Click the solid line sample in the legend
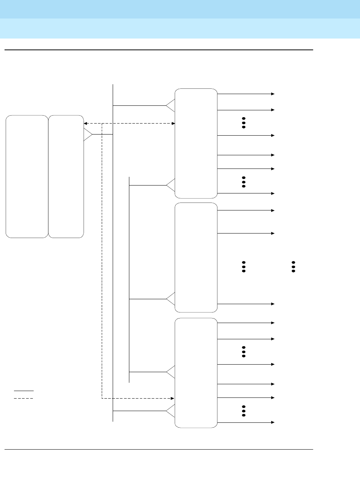click(x=23, y=390)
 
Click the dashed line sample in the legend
click(x=23, y=398)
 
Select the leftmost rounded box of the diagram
click(x=27, y=176)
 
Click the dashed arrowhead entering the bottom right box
click(x=172, y=398)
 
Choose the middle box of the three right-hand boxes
click(x=196, y=257)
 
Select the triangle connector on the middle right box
click(x=171, y=299)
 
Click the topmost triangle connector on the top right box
click(x=171, y=105)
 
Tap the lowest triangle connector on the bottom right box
click(x=171, y=410)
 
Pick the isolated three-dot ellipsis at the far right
click(x=293, y=266)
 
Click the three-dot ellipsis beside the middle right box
click(x=244, y=266)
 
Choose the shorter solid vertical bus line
click(x=129, y=279)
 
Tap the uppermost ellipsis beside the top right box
click(x=244, y=122)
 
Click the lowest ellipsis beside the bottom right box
click(x=244, y=411)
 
